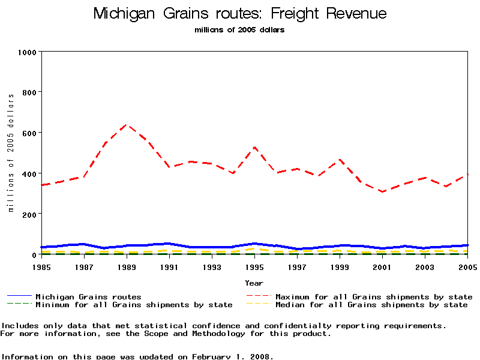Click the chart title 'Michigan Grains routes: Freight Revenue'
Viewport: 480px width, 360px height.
(240, 14)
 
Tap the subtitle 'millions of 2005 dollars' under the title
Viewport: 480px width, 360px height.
(240, 30)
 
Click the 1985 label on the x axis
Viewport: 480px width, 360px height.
(41, 266)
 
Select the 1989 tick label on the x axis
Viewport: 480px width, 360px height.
(126, 266)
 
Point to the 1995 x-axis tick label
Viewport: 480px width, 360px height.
(254, 266)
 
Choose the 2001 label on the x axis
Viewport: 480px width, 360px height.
(382, 266)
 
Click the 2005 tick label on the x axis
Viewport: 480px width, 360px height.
(467, 266)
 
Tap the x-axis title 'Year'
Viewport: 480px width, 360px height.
(254, 283)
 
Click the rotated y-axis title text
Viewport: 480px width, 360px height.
(11, 153)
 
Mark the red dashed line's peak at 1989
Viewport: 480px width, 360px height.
(126, 125)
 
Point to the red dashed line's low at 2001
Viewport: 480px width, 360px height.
(382, 191)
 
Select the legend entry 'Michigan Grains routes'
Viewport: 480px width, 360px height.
(88, 296)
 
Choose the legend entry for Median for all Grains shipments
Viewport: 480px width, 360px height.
(371, 305)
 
